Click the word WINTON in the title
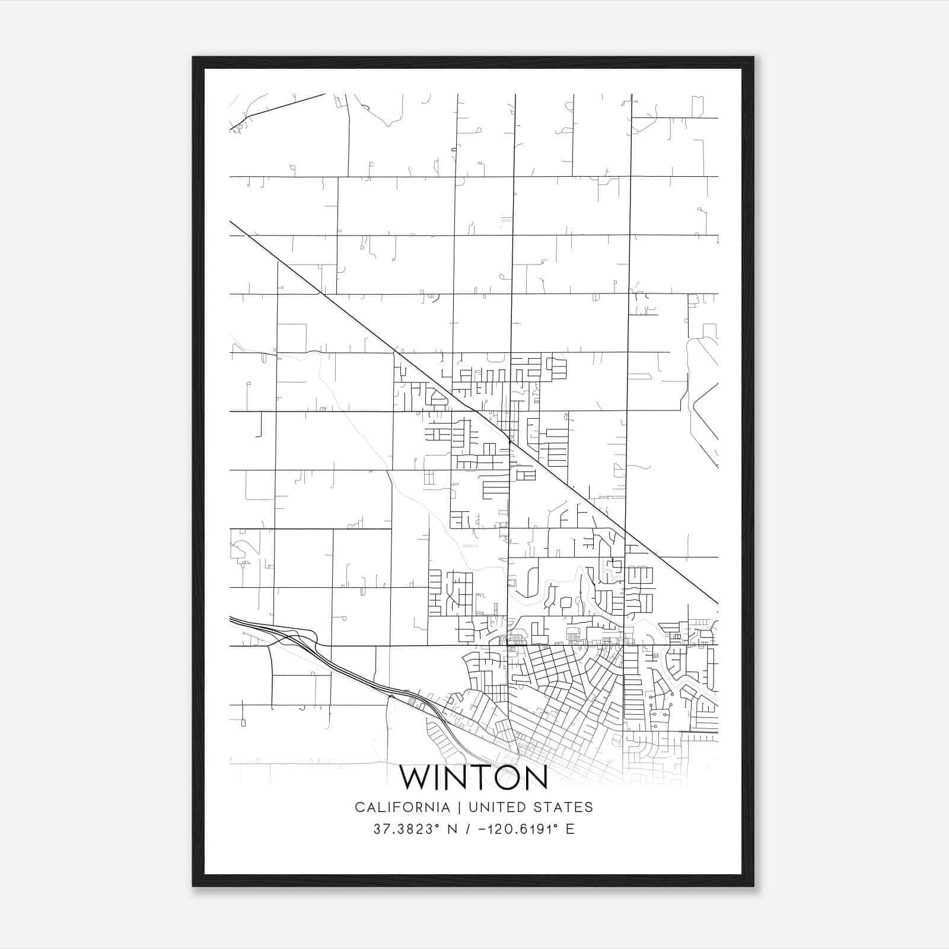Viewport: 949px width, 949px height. pyautogui.click(x=473, y=778)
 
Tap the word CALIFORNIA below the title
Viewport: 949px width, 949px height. pyautogui.click(x=402, y=807)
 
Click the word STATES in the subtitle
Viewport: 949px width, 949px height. pyautogui.click(x=568, y=807)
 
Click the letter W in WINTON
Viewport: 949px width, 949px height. pyautogui.click(x=414, y=778)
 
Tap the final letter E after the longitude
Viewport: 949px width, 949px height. pyautogui.click(x=571, y=829)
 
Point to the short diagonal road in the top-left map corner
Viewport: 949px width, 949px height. pyautogui.click(x=279, y=110)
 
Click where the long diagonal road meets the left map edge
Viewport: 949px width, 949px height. pyautogui.click(x=231, y=222)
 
